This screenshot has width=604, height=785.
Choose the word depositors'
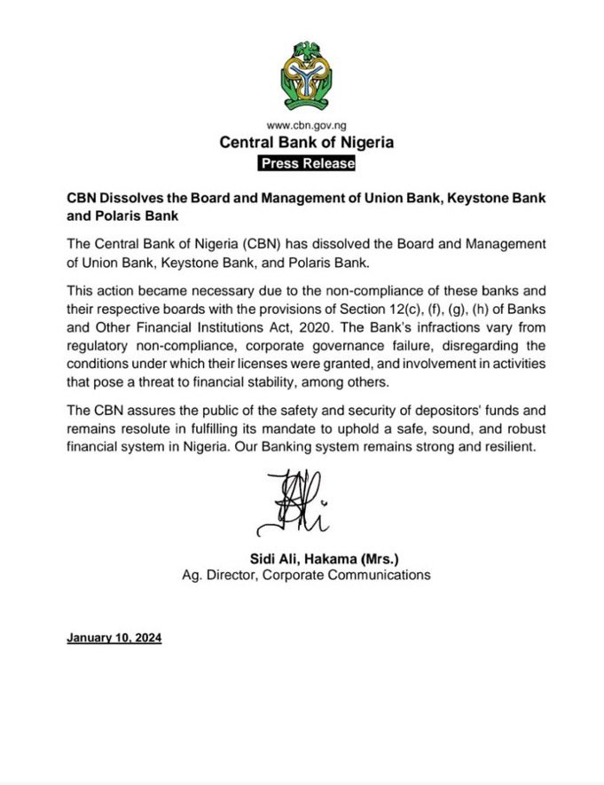pyautogui.click(x=431, y=412)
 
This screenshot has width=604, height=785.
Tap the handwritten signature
pyautogui.click(x=288, y=502)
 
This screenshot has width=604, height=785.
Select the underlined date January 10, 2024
pyautogui.click(x=114, y=638)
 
